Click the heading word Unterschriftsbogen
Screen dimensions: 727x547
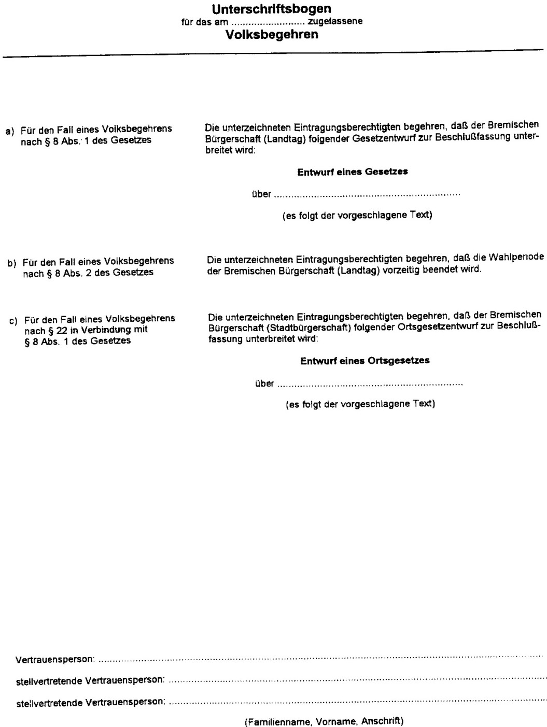click(272, 9)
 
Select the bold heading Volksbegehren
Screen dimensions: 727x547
click(272, 35)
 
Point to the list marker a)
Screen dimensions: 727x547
click(10, 131)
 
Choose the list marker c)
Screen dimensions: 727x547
click(13, 321)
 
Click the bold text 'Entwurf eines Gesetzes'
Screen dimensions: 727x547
click(352, 173)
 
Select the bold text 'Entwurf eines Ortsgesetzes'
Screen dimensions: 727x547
click(364, 361)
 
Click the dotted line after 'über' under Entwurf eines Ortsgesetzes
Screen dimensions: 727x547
click(370, 385)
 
